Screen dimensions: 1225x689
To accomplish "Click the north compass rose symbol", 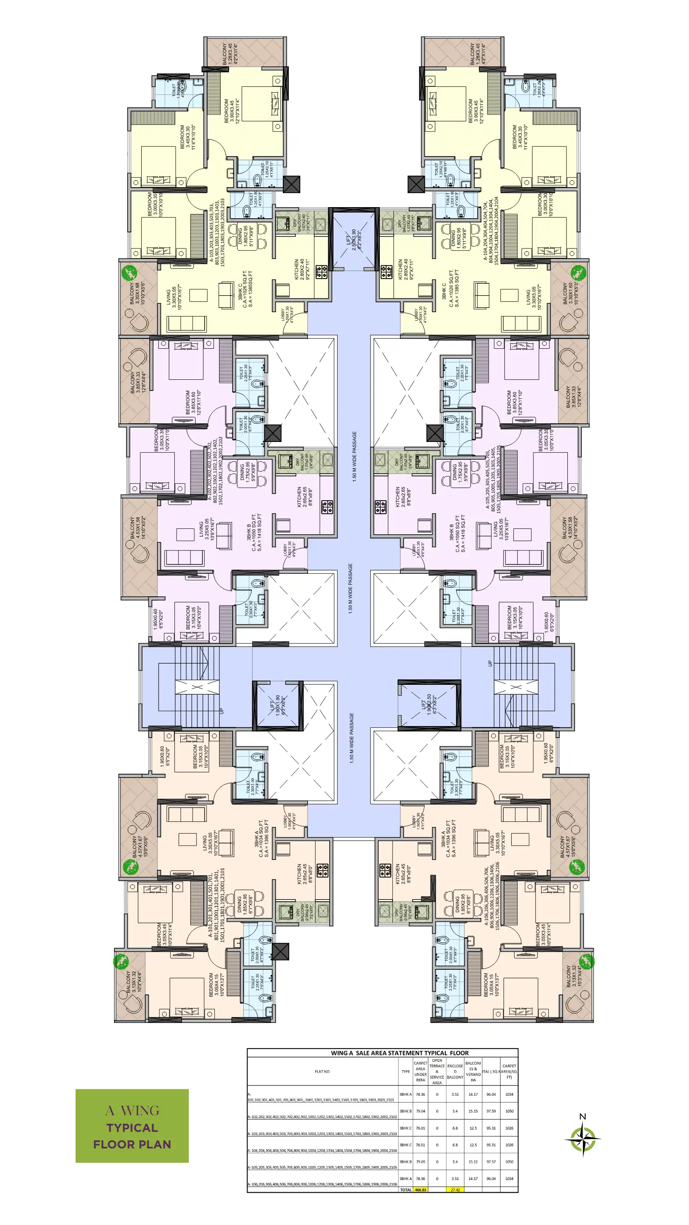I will coord(582,1139).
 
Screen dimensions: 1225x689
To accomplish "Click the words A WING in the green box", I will coord(132,1111).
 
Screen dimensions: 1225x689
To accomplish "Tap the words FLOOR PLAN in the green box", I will coord(132,1144).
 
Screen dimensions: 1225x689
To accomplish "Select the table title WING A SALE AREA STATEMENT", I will coord(399,1053).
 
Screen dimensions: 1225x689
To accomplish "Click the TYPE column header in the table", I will coord(406,1071).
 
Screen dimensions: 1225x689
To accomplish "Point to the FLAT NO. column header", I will coord(322,1071).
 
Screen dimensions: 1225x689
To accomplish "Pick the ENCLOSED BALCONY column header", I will coord(455,1071).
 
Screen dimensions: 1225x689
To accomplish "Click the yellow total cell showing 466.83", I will coord(420,1190).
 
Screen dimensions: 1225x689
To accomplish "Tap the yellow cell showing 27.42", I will coord(455,1190).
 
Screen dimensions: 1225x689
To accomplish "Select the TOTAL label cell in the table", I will coord(406,1190).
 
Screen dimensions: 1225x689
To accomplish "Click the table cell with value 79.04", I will coord(420,1111).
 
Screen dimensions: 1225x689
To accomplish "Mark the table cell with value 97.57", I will coord(491,1162).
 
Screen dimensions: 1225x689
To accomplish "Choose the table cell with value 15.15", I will coord(473,1111).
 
